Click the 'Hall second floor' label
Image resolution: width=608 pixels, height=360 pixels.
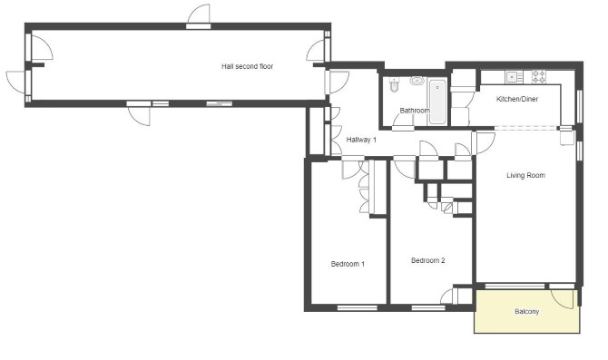click(x=247, y=66)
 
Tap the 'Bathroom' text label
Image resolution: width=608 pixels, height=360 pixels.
click(x=415, y=111)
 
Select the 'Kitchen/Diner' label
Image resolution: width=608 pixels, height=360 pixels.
click(x=517, y=99)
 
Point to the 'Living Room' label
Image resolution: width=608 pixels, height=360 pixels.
click(x=525, y=175)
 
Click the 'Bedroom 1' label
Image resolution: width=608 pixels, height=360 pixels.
click(x=348, y=264)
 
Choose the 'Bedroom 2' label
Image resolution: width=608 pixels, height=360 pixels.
click(x=428, y=260)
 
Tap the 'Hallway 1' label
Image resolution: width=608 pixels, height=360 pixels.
click(x=361, y=140)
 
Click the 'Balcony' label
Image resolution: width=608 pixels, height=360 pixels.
click(x=526, y=311)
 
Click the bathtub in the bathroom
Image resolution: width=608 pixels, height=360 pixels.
click(x=437, y=102)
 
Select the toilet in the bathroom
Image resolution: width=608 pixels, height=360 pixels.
click(x=395, y=85)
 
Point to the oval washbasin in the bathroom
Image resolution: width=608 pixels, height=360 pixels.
click(x=417, y=81)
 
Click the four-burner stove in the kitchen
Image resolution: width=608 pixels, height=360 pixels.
click(x=539, y=77)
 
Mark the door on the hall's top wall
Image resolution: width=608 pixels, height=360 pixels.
click(x=199, y=15)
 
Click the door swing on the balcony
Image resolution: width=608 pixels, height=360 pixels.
click(x=563, y=299)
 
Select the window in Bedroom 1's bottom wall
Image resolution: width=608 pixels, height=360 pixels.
click(x=358, y=308)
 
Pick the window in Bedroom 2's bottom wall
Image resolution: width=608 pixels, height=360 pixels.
click(x=428, y=308)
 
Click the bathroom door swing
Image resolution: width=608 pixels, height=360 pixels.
click(x=403, y=122)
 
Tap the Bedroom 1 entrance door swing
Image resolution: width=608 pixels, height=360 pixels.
click(x=352, y=169)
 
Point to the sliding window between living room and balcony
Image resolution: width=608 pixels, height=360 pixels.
click(x=515, y=287)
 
